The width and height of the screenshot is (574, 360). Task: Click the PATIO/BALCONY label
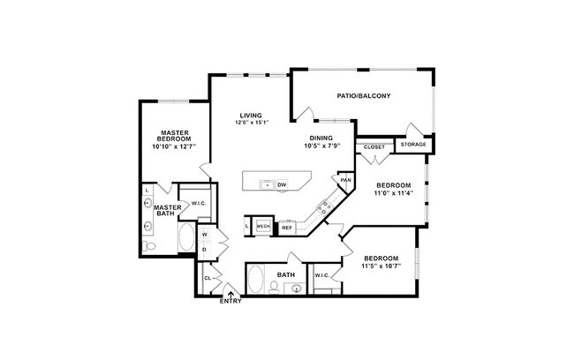click(364, 95)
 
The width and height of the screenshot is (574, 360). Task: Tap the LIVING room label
click(252, 116)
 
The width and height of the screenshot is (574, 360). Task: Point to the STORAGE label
click(413, 144)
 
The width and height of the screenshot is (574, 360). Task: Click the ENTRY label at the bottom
click(231, 301)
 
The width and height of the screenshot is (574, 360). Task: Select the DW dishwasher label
click(282, 184)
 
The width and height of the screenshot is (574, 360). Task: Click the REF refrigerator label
click(287, 227)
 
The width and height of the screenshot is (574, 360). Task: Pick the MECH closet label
click(263, 227)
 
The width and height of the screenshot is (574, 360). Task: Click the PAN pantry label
click(345, 180)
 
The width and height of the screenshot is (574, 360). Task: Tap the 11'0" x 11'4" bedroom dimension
click(394, 194)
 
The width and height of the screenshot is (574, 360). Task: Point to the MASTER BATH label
click(167, 210)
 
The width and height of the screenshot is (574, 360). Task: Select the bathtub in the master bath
click(187, 238)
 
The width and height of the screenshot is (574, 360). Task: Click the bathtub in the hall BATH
click(255, 278)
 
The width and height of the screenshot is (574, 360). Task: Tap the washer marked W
click(204, 235)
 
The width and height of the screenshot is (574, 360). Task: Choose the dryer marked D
click(204, 249)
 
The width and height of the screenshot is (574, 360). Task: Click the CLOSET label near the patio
click(374, 146)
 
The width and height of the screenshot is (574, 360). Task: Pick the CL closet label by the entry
click(208, 278)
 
